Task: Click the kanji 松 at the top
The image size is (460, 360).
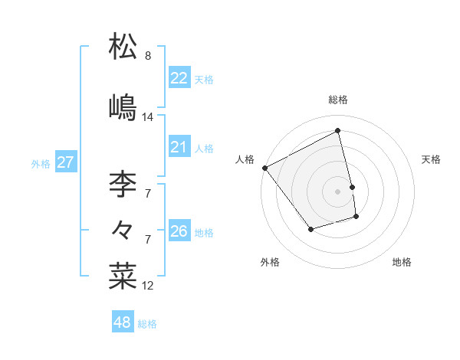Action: [x=123, y=47]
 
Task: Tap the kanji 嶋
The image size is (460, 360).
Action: [x=123, y=107]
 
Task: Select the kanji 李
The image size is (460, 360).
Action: [x=123, y=184]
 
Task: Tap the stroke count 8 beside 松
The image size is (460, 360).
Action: [x=148, y=56]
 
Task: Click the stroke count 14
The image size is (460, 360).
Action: [x=148, y=117]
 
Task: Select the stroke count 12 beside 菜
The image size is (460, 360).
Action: [x=148, y=286]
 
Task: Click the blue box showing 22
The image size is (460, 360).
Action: [x=179, y=78]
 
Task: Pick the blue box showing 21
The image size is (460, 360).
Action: [x=179, y=146]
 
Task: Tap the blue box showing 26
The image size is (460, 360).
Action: [x=179, y=231]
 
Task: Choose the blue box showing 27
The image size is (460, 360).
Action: [x=65, y=162]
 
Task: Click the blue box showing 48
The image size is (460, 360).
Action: [x=123, y=322]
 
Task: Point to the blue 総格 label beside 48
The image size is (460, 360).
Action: [x=147, y=324]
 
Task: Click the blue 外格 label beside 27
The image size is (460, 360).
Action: [x=41, y=163]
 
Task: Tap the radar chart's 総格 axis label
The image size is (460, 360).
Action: [x=338, y=100]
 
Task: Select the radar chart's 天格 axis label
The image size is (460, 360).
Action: [x=432, y=159]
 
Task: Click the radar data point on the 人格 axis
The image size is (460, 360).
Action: [x=265, y=168]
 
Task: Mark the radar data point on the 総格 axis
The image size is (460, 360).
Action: [x=338, y=131]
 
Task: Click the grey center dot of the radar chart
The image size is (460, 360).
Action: [x=338, y=191]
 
